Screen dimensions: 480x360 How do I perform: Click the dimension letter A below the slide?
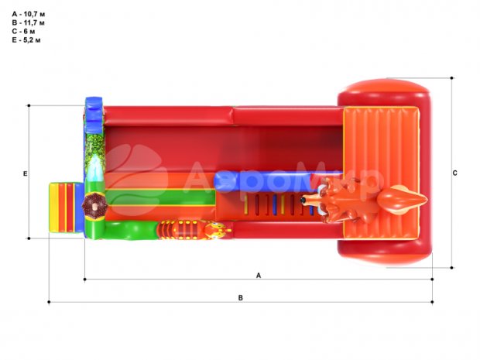259,276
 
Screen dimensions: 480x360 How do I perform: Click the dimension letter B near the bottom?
241,298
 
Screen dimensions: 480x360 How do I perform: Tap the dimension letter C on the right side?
455,173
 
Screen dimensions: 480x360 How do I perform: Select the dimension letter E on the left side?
25,173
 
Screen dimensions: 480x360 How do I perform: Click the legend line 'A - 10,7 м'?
29,14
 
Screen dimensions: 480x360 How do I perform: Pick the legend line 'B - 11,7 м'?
29,22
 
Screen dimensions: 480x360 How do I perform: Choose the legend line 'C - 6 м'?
23,31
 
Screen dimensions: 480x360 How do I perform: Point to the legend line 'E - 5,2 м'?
26,39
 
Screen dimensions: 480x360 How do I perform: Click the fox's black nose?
303,201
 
